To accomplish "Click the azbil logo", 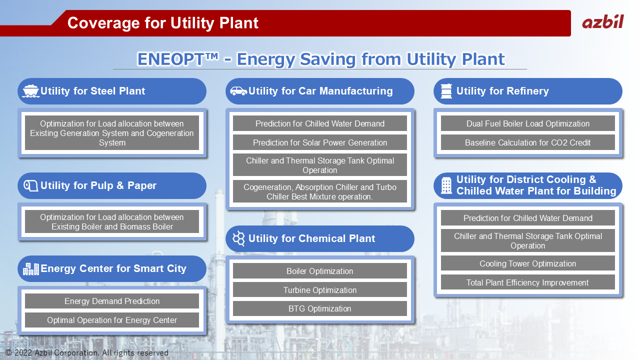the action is [603, 21].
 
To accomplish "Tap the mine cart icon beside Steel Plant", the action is [30, 91].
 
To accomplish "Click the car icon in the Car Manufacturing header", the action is [238, 91].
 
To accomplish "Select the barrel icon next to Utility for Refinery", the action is [446, 91].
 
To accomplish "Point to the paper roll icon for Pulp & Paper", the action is [30, 185].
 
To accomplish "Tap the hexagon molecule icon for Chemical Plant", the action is [238, 238].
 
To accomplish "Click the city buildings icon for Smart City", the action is [31, 269].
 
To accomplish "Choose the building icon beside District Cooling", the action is [446, 185].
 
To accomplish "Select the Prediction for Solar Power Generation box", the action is [319, 142].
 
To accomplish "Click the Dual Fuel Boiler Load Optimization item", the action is [527, 123].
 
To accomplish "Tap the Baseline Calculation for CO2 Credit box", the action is [527, 142].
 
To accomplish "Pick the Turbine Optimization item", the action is [319, 290].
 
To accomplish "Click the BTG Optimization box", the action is [319, 308].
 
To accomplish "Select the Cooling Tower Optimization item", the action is [527, 263].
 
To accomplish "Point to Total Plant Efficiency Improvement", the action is [527, 282].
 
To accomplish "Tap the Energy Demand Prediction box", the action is [111, 301].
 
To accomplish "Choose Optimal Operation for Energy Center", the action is [111, 320].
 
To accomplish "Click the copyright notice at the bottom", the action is [87, 353].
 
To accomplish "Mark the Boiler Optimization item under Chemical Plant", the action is [319, 271].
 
